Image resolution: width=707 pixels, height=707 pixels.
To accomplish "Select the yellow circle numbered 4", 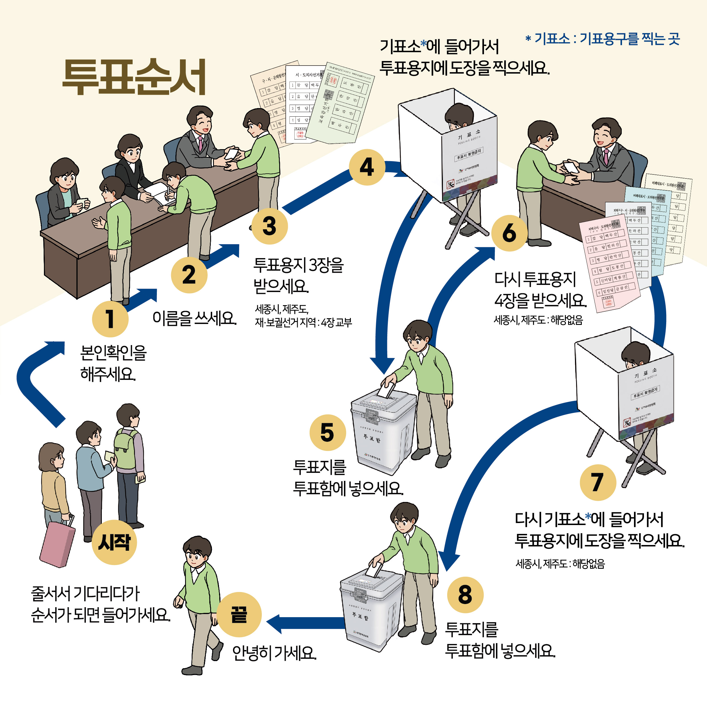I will point(367,167).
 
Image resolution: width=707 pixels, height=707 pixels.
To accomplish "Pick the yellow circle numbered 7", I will point(597,482).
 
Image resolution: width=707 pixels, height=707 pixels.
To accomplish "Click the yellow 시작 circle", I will point(114,542).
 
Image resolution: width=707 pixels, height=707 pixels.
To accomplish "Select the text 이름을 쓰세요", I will point(194,318).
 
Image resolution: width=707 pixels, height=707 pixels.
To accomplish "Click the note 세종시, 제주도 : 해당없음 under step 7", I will point(560,564).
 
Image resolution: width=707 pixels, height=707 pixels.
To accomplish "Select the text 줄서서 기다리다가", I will point(85,593).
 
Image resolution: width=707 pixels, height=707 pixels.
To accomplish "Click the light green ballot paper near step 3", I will point(340,102).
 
